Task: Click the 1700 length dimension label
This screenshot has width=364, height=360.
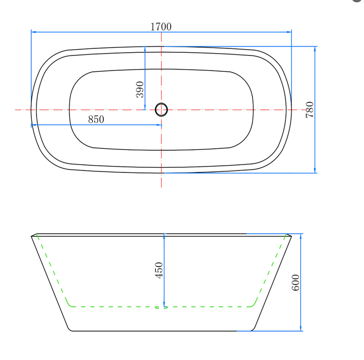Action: click(161, 27)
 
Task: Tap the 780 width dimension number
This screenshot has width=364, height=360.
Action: click(310, 110)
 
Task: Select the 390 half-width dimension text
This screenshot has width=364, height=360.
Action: click(140, 89)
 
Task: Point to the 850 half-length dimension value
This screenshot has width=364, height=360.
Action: click(96, 120)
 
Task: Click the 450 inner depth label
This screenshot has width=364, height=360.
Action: click(159, 270)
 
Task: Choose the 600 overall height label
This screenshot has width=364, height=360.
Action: click(295, 283)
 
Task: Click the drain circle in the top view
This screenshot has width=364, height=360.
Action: click(162, 110)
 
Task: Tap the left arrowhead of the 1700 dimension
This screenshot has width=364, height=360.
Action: click(33, 32)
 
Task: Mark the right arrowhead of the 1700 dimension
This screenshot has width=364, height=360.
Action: click(289, 32)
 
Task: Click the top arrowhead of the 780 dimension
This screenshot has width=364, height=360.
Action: click(315, 49)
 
